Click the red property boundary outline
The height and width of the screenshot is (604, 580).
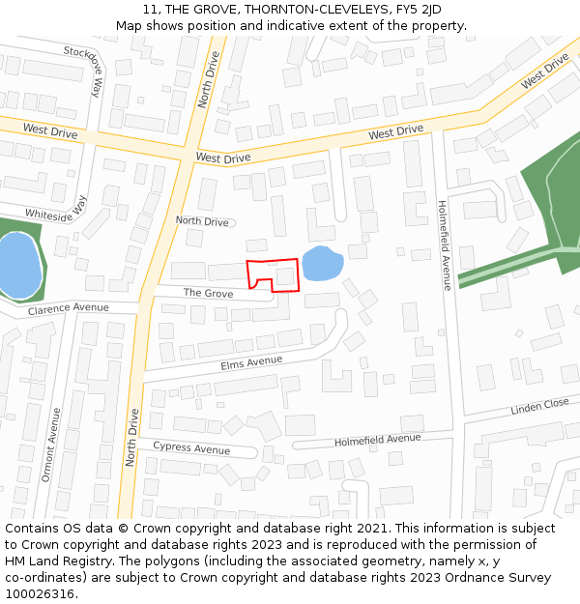coord(272,261)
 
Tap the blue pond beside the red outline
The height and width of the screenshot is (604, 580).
coord(322,263)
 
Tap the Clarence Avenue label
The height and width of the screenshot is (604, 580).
coord(69,308)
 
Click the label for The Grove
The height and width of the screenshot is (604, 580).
coord(208,292)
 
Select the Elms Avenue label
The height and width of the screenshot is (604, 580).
coord(251,362)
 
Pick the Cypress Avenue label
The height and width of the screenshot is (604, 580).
coord(191,448)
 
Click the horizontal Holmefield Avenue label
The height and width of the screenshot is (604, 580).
coord(378,440)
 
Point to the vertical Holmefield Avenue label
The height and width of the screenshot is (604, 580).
coord(444,244)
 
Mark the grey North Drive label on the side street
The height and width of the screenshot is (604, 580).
coord(202,221)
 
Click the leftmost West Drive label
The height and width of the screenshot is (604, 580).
coord(49,129)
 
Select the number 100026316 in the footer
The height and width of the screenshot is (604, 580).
coord(40,594)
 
